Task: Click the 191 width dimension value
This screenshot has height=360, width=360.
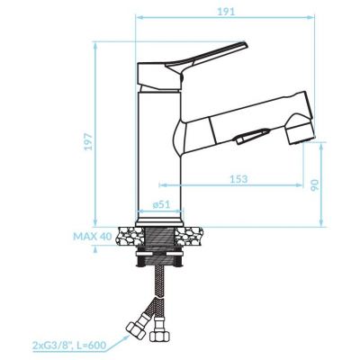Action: coord(225,12)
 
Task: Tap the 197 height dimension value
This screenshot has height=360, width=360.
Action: coord(88,142)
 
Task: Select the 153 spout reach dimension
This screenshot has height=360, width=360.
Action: coord(238,179)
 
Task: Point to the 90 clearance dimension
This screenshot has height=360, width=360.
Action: coord(314,185)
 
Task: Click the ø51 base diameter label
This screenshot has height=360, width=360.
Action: coord(161,204)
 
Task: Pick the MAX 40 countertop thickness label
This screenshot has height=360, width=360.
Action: coord(93,237)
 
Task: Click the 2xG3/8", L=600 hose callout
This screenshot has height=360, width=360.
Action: coord(68,346)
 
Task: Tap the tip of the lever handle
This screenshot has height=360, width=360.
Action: coord(246,44)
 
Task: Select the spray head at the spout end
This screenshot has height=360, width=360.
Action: coord(300,129)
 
